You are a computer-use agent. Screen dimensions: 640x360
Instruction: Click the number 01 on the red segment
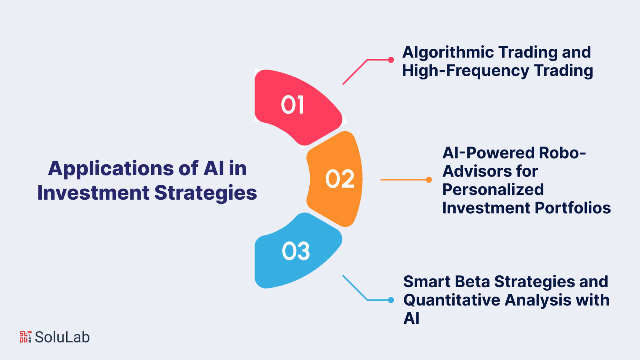(x=292, y=105)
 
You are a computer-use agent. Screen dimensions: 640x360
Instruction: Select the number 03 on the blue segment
(x=296, y=251)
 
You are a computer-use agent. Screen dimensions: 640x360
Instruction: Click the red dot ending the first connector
(x=391, y=60)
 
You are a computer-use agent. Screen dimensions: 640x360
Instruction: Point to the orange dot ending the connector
(x=429, y=180)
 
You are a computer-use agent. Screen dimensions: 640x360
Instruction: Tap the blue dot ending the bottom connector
(x=391, y=300)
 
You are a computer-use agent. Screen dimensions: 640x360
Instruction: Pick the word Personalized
(x=493, y=190)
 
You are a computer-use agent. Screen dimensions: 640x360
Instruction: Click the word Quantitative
(x=452, y=300)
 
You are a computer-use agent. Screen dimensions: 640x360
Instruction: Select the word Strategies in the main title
(x=206, y=193)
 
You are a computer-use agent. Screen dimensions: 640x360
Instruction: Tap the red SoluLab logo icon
(x=26, y=337)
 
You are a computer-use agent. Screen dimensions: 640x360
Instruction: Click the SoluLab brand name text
(x=62, y=337)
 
